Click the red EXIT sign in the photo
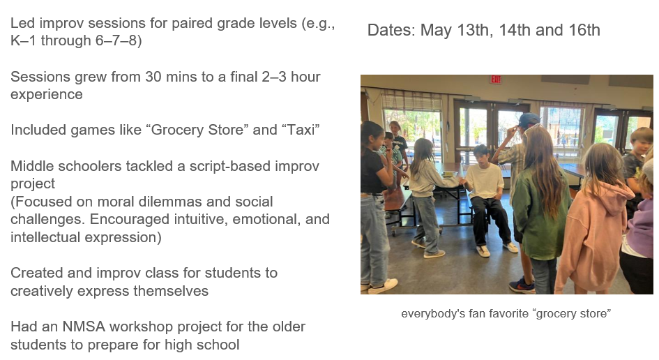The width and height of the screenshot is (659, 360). (x=496, y=80)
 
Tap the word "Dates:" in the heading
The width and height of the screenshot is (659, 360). (x=391, y=30)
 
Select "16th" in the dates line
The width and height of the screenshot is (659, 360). (x=584, y=30)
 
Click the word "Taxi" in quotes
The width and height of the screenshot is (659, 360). (x=301, y=130)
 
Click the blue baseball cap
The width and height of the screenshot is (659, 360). (x=529, y=119)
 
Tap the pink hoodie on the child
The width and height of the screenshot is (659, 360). (x=594, y=236)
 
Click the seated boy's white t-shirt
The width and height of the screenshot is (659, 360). (x=485, y=181)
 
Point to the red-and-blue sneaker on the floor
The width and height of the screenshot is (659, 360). (x=522, y=285)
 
